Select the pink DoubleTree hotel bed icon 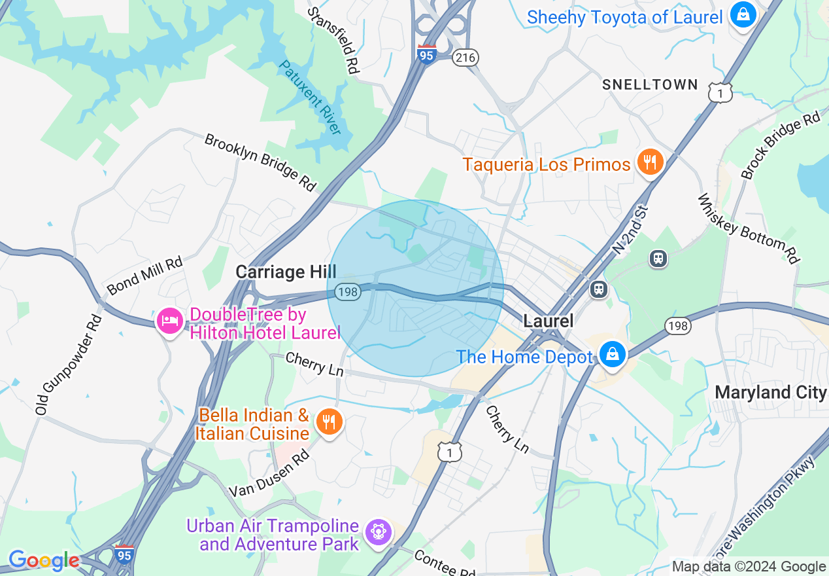tap(170, 321)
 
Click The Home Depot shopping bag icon tap(612, 355)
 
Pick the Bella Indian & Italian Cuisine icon tap(329, 422)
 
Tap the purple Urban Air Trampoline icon tap(378, 531)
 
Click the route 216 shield tap(466, 58)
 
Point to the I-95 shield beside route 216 tap(426, 54)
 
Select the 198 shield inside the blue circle tap(347, 292)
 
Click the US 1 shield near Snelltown tap(719, 93)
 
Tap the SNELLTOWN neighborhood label tap(650, 84)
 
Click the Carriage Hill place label tap(286, 271)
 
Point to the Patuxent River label tap(310, 97)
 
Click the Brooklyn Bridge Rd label tap(260, 162)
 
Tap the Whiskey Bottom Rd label tap(749, 228)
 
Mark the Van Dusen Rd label tap(269, 475)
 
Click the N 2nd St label tap(630, 230)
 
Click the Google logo tap(43, 560)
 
